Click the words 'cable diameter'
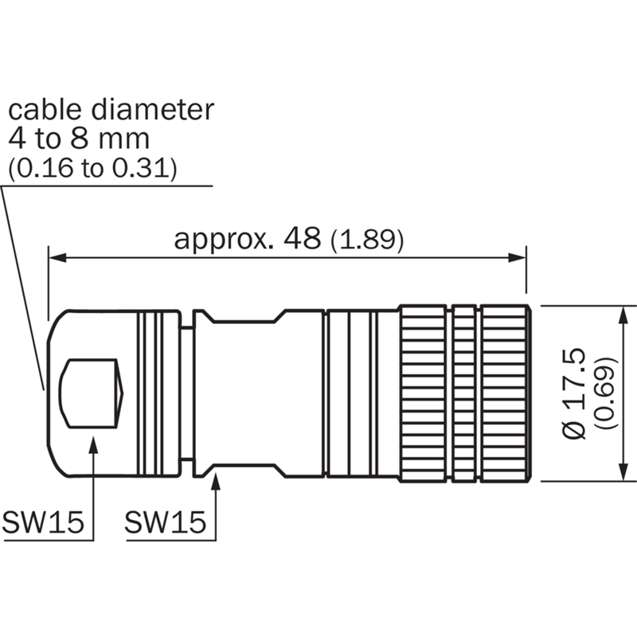coord(111,110)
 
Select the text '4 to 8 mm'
coord(79,139)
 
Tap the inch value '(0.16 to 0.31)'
coord(92,169)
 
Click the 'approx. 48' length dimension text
coord(247,238)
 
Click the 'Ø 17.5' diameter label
coord(573,393)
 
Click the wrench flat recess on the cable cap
coord(92,393)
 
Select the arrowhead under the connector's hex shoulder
coord(216,482)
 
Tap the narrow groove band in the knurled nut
coord(463,392)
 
